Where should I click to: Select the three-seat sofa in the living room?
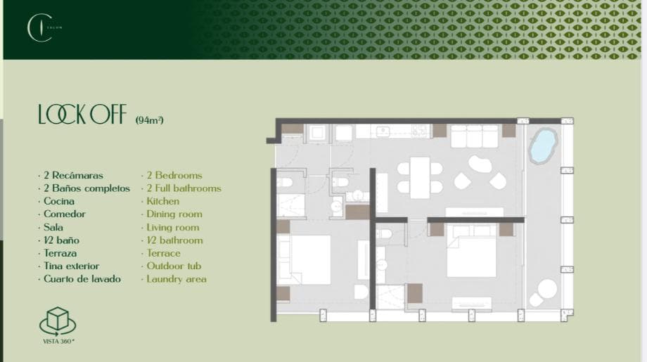point(474,136)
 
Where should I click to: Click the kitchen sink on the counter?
point(384,131)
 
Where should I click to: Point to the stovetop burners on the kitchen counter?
point(420,131)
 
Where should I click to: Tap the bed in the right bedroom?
point(471,256)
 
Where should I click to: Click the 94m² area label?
point(149,120)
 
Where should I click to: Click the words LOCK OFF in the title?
point(82,115)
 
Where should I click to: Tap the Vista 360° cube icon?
point(58,322)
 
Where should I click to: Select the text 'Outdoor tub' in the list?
point(173,266)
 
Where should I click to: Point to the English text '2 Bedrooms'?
point(174,175)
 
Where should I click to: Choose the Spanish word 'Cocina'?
point(59,201)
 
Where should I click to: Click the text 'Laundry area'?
point(177,279)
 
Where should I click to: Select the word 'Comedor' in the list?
point(64,214)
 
